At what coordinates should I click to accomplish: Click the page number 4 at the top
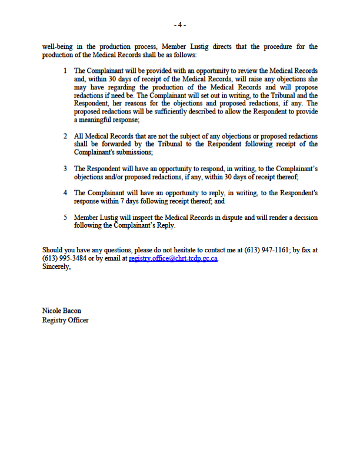180,25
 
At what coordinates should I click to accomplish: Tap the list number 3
65,169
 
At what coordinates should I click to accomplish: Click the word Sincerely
56,266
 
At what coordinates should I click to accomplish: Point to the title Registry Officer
65,320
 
